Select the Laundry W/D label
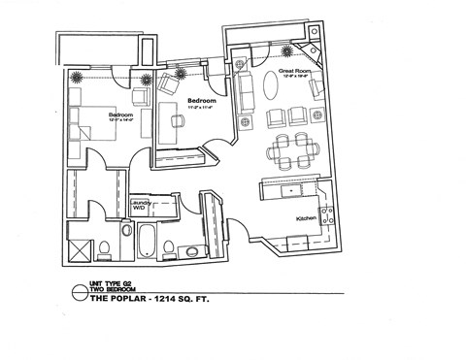pyautogui.click(x=141, y=206)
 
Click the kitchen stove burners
pyautogui.click(x=330, y=213)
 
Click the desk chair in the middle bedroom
pyautogui.click(x=179, y=119)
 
